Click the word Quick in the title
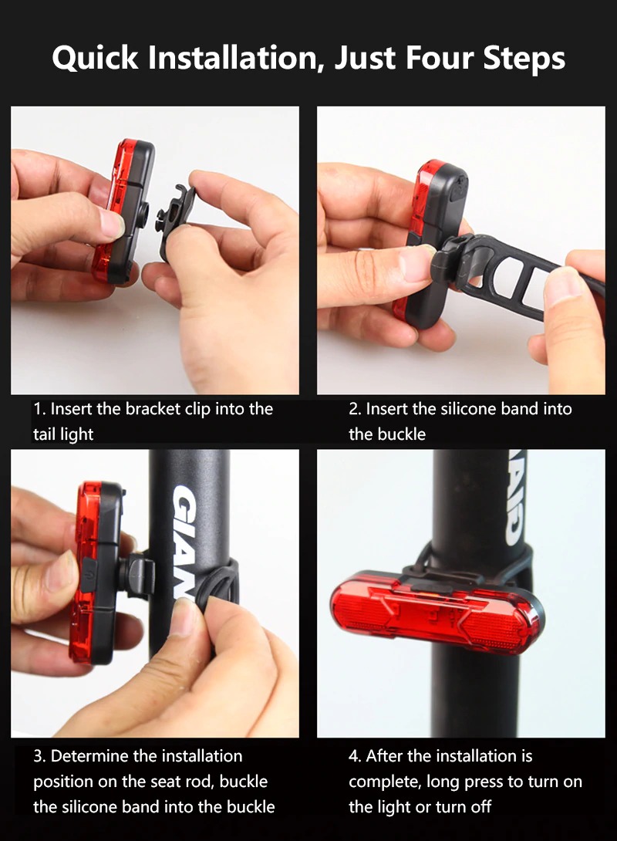[96, 58]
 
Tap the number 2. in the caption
[355, 409]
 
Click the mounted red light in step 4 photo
[437, 612]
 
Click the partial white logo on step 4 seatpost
[514, 498]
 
